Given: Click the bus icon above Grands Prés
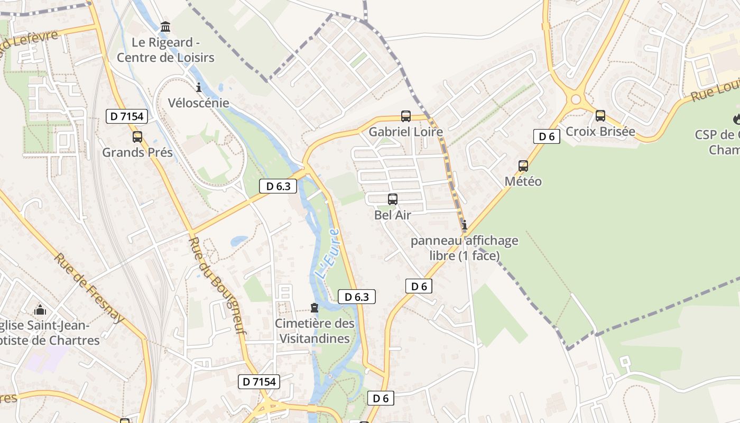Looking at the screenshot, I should coord(137,137).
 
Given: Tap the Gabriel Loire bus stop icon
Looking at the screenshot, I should coord(406,116).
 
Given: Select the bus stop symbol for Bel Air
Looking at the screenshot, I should coord(393,199).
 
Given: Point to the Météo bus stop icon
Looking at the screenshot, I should coord(523,166).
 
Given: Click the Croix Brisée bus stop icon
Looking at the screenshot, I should coord(600,115).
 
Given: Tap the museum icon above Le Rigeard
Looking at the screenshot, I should coord(165,26).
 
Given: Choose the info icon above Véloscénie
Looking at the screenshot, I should coord(199,87).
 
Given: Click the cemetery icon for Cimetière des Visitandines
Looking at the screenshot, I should coord(314,308).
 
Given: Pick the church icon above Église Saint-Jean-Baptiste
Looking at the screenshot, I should coord(40,310).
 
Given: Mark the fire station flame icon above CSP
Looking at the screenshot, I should coord(737,119).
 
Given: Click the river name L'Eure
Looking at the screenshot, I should coord(327,254).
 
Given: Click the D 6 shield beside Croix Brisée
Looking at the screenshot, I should coord(547,136).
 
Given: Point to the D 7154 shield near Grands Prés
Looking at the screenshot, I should coord(126,116).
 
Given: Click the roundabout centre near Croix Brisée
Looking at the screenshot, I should coord(576,99).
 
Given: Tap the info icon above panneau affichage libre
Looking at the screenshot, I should coord(465,225).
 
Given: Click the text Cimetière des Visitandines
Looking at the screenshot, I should coord(314,330).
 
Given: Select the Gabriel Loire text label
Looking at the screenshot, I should coord(405,132).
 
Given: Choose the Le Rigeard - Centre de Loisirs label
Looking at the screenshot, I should coord(165,50).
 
